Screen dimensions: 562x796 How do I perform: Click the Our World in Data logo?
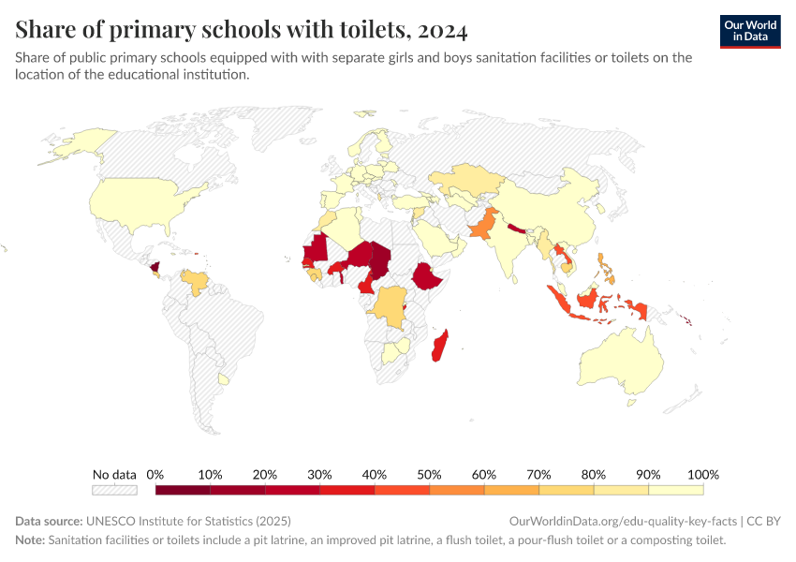point(749,30)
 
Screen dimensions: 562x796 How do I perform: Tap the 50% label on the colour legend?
point(429,474)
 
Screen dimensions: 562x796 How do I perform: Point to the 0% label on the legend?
point(155,474)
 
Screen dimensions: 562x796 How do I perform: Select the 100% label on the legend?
point(702,474)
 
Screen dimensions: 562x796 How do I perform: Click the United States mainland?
point(140,201)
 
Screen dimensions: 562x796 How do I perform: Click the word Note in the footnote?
point(30,540)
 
